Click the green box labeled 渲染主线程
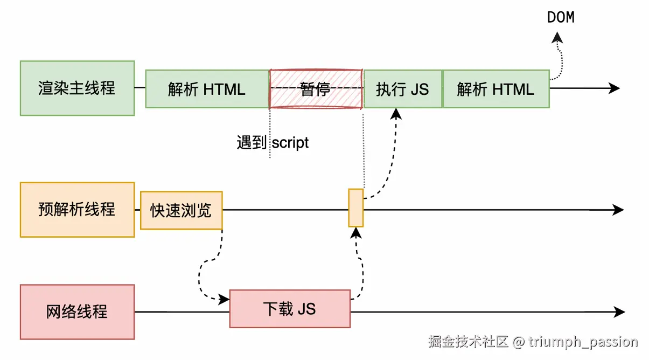[77, 88]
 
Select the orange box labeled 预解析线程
[77, 210]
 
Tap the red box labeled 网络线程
[77, 311]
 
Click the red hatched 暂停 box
[316, 89]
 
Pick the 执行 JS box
[402, 89]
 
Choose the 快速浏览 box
[181, 210]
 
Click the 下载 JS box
[289, 309]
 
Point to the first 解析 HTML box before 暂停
[207, 89]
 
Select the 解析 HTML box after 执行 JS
[496, 89]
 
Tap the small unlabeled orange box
[355, 207]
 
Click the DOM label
[561, 17]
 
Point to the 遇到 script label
[273, 143]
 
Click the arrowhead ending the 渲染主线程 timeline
[615, 88]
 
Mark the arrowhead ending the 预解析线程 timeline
[618, 210]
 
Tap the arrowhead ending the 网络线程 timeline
[619, 311]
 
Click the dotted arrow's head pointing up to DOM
[557, 37]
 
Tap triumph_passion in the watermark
[583, 342]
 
